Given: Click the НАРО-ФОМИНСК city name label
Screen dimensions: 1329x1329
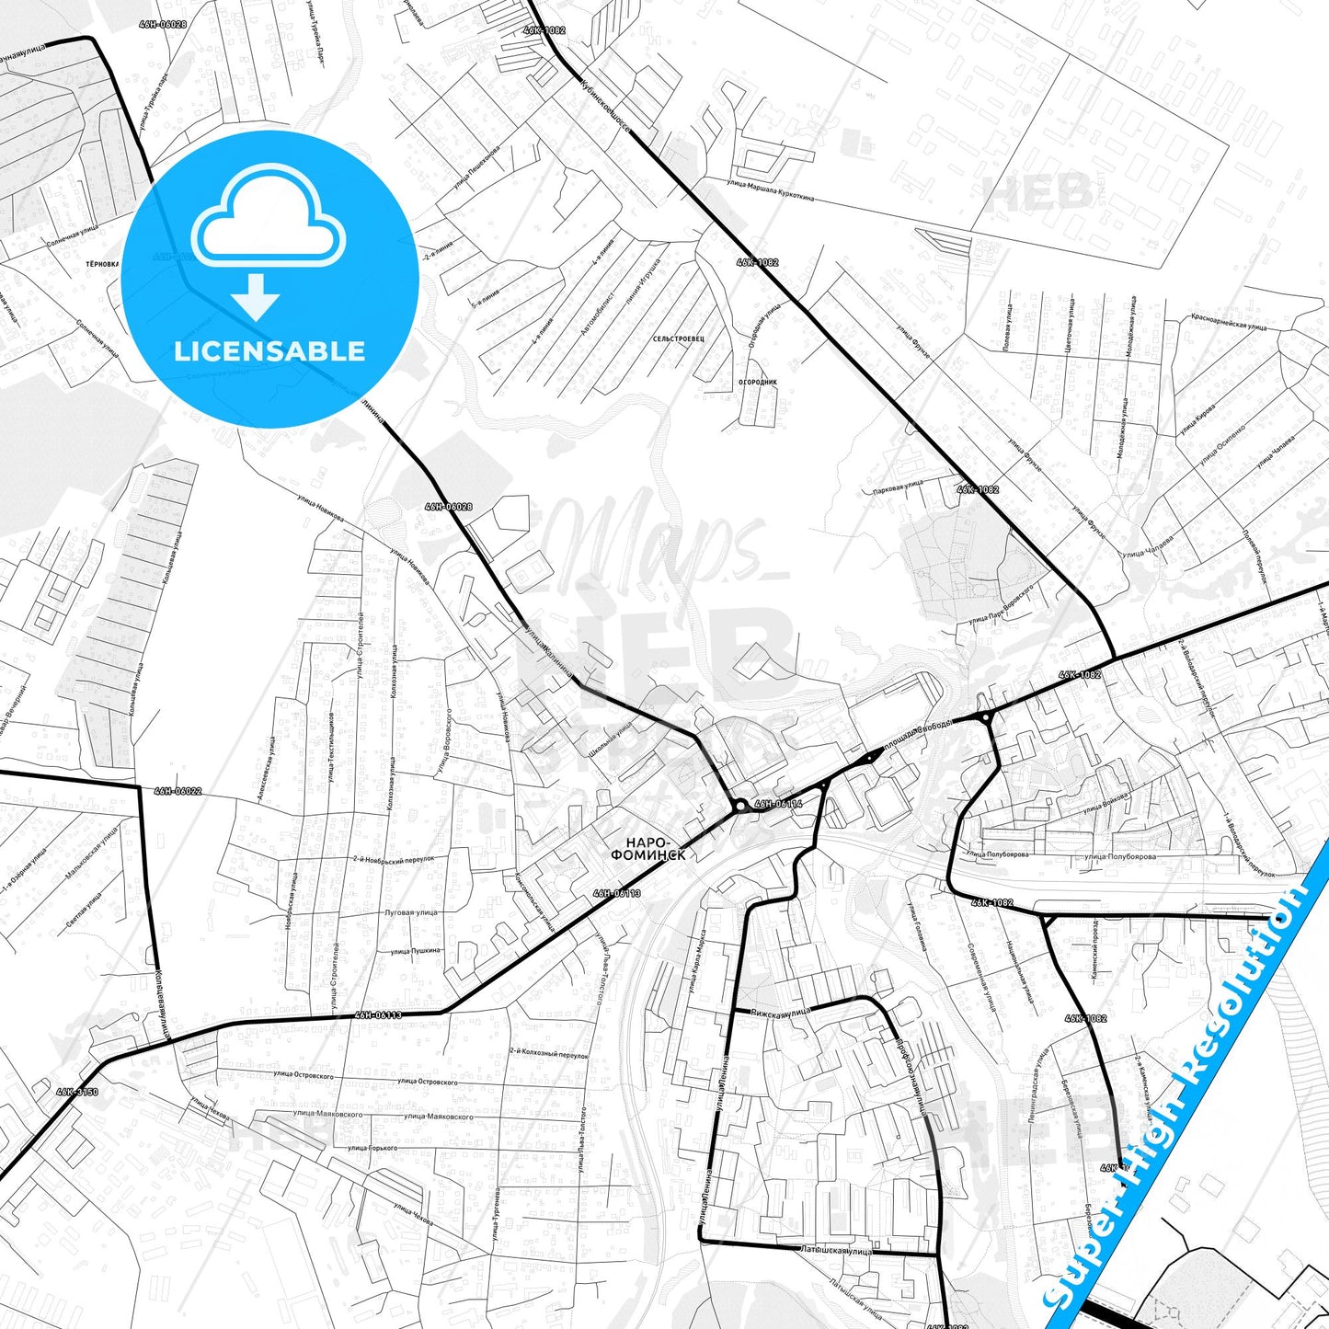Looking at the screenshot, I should (x=648, y=848).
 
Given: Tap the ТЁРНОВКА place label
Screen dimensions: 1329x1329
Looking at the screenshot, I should (x=102, y=263).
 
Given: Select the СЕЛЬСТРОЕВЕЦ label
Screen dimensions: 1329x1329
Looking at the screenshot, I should (x=679, y=338).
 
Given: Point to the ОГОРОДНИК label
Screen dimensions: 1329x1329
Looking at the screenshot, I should (x=758, y=382).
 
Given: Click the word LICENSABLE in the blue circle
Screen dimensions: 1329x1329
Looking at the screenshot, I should (x=269, y=351).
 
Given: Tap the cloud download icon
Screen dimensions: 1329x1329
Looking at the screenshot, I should (x=268, y=237).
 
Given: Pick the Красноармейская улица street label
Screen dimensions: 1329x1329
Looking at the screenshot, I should (x=1229, y=321).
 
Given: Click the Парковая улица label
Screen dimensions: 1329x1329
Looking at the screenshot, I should (x=898, y=487).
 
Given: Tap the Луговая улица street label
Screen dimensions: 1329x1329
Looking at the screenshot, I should (x=410, y=913).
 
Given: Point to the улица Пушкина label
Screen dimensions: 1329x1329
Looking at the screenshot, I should (x=415, y=951).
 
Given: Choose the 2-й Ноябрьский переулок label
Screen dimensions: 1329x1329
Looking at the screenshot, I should (x=394, y=859).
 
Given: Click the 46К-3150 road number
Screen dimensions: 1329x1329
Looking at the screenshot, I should (x=76, y=1092).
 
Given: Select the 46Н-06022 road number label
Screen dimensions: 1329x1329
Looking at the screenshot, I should (x=178, y=791).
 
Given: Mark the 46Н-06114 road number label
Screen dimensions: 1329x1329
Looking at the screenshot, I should (x=778, y=803).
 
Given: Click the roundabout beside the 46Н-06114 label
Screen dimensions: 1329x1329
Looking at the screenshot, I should (x=740, y=807).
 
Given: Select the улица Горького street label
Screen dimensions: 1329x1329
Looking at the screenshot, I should (x=371, y=1149).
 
